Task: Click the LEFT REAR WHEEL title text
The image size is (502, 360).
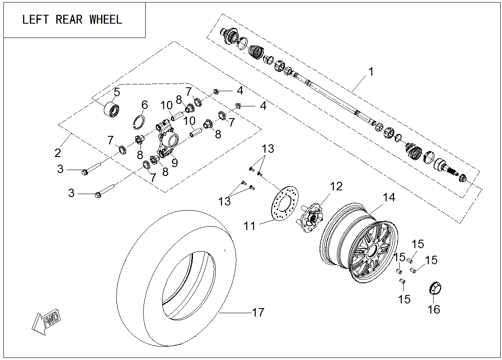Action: pos(72,20)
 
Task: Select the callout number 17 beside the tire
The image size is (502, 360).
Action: pos(258,313)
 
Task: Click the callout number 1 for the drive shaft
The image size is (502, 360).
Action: pos(371,72)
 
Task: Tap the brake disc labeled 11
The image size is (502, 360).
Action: pos(284,204)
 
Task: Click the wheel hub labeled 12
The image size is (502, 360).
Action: pos(312,215)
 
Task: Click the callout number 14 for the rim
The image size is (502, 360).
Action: pos(388,197)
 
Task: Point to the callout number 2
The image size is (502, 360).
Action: pos(58,152)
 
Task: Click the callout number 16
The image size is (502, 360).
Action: pos(434,309)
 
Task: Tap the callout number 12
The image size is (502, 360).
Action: pos(336,186)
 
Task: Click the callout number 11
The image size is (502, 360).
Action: pos(250,226)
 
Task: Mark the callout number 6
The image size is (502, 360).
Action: pos(144,104)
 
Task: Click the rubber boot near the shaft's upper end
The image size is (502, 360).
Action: pos(256,52)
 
